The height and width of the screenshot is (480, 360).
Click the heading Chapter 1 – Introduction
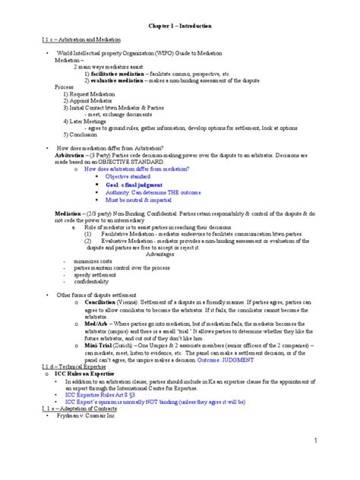pyautogui.click(x=180, y=26)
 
